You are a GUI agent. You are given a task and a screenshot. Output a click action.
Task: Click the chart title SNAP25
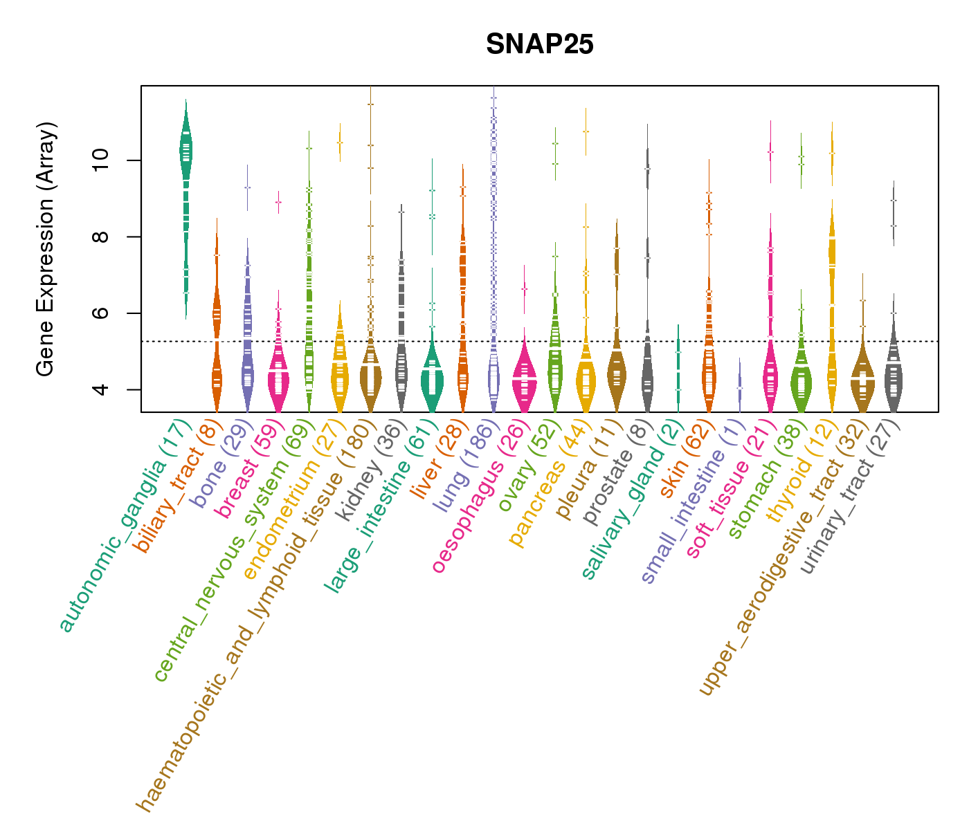[539, 44]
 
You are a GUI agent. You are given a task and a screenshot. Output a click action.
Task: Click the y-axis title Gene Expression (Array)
[46, 249]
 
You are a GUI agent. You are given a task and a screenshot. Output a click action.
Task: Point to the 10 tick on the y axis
[101, 160]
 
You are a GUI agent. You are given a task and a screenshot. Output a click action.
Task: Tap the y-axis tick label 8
[101, 237]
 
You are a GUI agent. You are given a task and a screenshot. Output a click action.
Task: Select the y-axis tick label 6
[101, 313]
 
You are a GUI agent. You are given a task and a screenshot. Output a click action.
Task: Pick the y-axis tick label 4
[101, 389]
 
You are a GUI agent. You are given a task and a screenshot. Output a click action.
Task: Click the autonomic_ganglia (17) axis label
[125, 526]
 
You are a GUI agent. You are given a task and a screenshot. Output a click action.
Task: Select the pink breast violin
[278, 380]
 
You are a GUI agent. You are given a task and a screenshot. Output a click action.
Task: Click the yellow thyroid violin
[832, 277]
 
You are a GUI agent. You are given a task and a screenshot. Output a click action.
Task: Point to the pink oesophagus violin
[524, 380]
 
